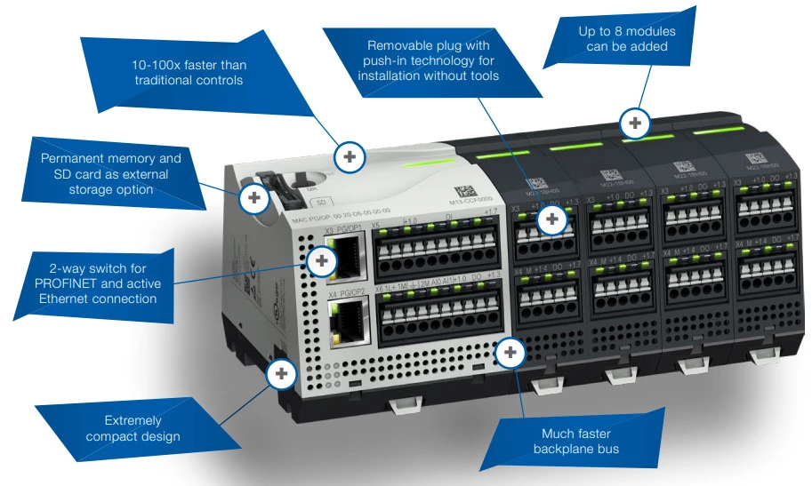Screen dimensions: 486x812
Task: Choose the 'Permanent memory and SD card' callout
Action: click(110, 173)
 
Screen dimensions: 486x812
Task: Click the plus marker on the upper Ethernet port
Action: click(321, 261)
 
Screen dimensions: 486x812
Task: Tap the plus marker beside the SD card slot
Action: click(254, 197)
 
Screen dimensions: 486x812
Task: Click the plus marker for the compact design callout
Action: click(282, 373)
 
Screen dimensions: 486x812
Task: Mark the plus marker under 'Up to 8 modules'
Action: click(634, 122)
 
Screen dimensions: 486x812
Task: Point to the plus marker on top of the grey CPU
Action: click(350, 157)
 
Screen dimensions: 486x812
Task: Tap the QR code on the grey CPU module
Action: click(465, 191)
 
